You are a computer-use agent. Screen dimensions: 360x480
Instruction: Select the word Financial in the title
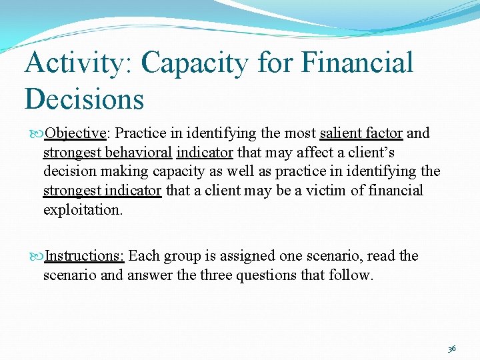coord(357,63)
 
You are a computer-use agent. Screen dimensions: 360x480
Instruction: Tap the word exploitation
coord(83,210)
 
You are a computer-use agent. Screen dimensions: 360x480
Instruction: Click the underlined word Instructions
coord(85,256)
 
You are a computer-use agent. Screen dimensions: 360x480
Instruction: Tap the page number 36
coord(451,348)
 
